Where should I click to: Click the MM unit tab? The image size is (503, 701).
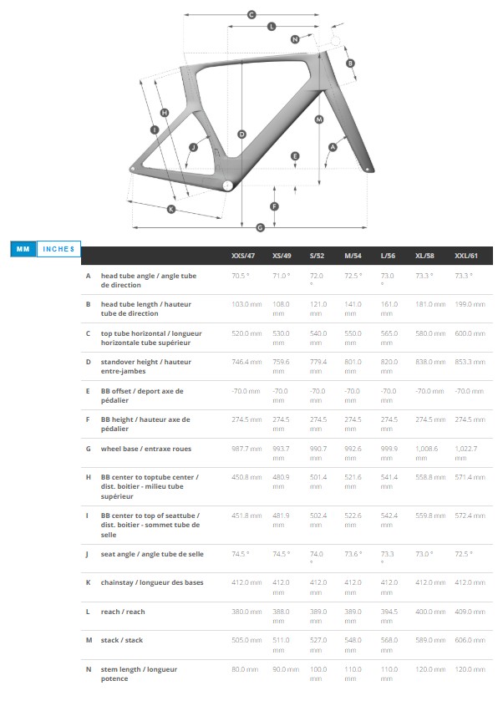(x=23, y=248)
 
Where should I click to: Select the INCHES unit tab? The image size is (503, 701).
(x=58, y=248)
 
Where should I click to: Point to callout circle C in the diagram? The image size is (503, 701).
(x=251, y=14)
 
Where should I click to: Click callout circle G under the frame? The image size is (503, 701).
(x=260, y=227)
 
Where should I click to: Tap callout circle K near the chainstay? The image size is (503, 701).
(x=171, y=209)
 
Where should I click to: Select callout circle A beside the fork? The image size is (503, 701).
(x=332, y=147)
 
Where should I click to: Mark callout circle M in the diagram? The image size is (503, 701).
(x=318, y=119)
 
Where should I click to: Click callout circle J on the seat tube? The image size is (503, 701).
(x=193, y=147)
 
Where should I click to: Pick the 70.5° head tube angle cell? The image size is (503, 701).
(x=241, y=275)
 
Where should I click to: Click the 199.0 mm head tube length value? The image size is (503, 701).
(x=469, y=304)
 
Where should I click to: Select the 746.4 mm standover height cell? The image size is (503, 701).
(x=246, y=362)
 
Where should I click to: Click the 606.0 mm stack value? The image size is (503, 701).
(x=469, y=640)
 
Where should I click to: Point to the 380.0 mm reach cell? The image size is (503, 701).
(x=246, y=612)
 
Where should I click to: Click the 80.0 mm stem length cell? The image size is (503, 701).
(x=244, y=668)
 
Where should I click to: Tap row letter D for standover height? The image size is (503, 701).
(x=88, y=362)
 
